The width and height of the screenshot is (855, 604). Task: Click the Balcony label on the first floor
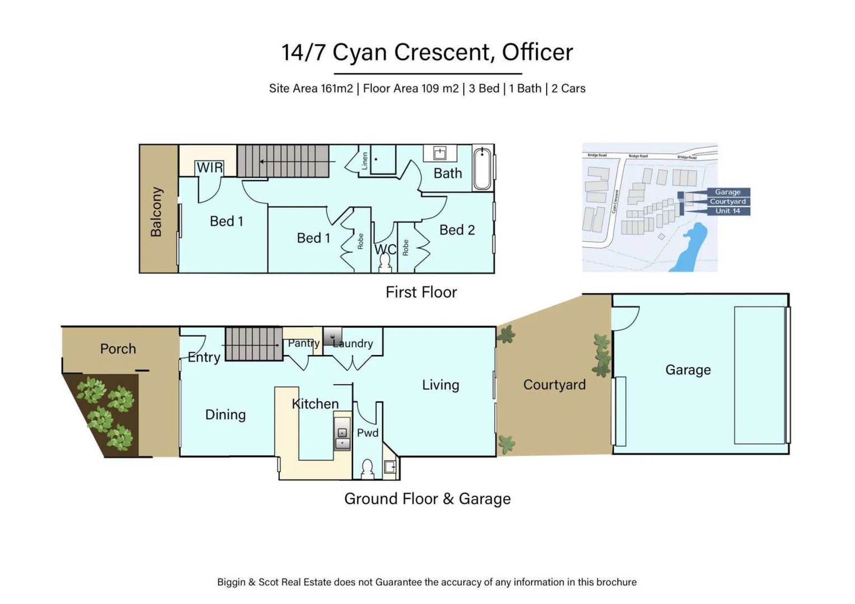pyautogui.click(x=157, y=212)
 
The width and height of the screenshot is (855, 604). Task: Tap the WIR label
pyautogui.click(x=210, y=168)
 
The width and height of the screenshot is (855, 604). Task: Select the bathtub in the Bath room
pyautogui.click(x=482, y=167)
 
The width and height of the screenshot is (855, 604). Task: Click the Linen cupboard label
pyautogui.click(x=365, y=161)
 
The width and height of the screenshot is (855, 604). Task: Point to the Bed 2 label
pyautogui.click(x=457, y=230)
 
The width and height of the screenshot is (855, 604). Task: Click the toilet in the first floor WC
pyautogui.click(x=385, y=262)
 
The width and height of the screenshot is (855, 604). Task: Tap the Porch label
pyautogui.click(x=118, y=349)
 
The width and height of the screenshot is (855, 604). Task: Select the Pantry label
pyautogui.click(x=303, y=343)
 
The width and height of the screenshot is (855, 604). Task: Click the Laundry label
pyautogui.click(x=353, y=343)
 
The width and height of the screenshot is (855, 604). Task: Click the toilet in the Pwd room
pyautogui.click(x=367, y=469)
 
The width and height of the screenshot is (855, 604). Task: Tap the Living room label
pyautogui.click(x=440, y=385)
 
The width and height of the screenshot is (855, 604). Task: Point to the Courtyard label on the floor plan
pyautogui.click(x=555, y=385)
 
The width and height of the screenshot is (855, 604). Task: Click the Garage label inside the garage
pyautogui.click(x=688, y=370)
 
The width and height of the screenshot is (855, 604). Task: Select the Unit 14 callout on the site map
pyautogui.click(x=727, y=211)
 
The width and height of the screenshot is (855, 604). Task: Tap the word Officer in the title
pyautogui.click(x=537, y=52)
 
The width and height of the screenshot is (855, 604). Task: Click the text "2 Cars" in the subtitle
pyautogui.click(x=569, y=88)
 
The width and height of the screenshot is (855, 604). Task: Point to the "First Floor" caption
pyautogui.click(x=421, y=292)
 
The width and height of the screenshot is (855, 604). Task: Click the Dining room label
pyautogui.click(x=226, y=414)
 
